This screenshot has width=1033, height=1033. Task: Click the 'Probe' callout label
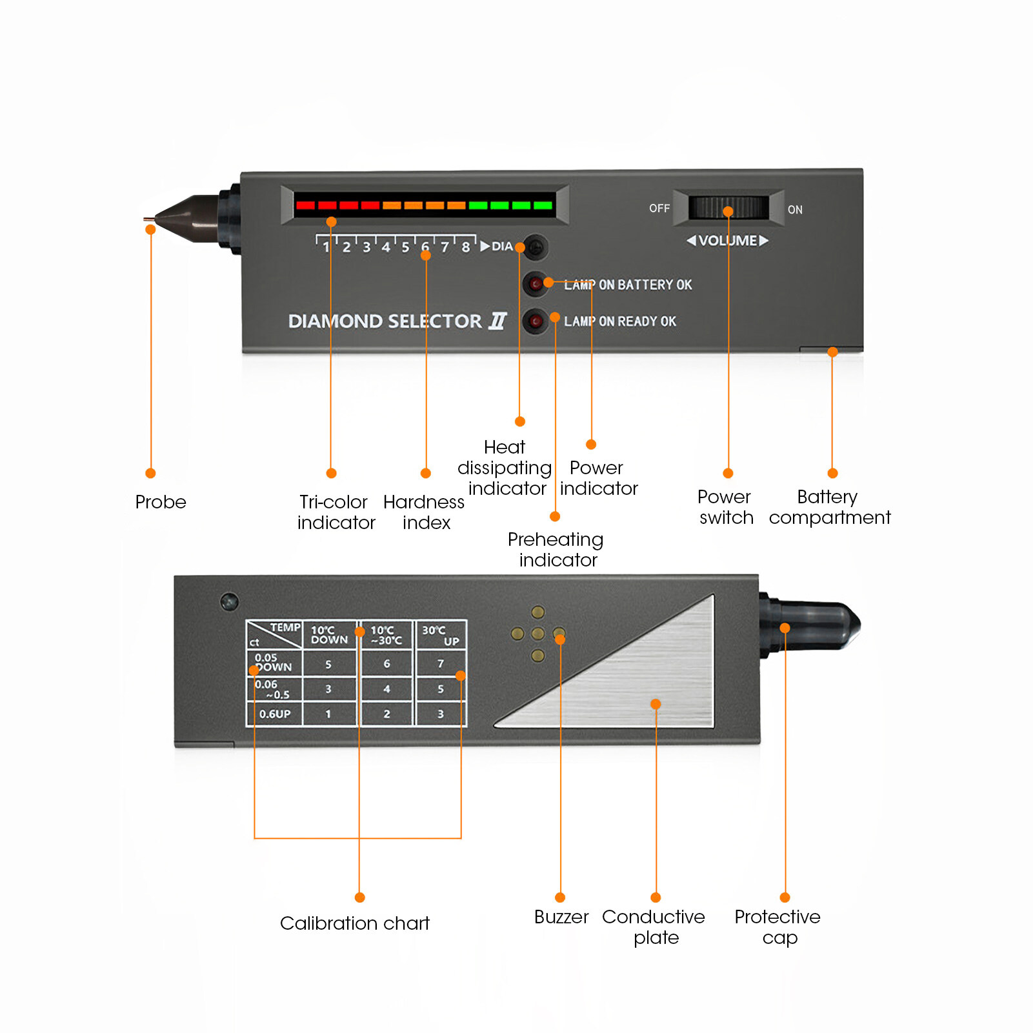click(161, 502)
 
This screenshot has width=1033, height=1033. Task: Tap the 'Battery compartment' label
click(829, 507)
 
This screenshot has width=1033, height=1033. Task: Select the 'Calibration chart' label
click(354, 923)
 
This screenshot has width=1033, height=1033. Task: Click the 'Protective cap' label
click(777, 927)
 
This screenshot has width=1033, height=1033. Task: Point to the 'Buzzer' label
click(561, 917)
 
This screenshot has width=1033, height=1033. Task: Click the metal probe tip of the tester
click(149, 219)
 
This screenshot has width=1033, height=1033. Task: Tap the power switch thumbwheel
click(728, 208)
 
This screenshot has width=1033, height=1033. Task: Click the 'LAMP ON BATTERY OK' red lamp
click(535, 283)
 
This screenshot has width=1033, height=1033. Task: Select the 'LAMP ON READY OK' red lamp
click(535, 321)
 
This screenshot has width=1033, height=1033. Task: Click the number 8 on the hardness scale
click(465, 247)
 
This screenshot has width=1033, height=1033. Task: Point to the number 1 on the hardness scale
click(326, 247)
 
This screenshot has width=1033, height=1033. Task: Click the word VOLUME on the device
click(728, 241)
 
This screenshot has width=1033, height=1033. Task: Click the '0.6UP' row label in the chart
click(275, 714)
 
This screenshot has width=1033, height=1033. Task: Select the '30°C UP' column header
click(441, 635)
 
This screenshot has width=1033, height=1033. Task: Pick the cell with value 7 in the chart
click(441, 663)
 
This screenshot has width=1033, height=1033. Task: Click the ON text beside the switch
click(795, 210)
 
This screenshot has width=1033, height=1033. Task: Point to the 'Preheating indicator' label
click(556, 549)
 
